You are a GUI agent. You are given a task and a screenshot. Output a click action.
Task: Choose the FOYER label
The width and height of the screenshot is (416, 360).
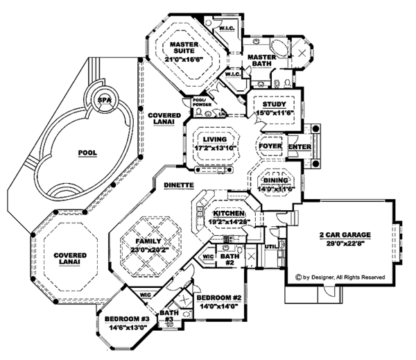[269, 147]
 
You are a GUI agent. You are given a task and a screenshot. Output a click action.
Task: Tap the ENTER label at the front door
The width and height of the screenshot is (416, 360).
[299, 147]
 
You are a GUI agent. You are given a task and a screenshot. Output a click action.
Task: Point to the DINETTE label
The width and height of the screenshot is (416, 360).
[178, 186]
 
